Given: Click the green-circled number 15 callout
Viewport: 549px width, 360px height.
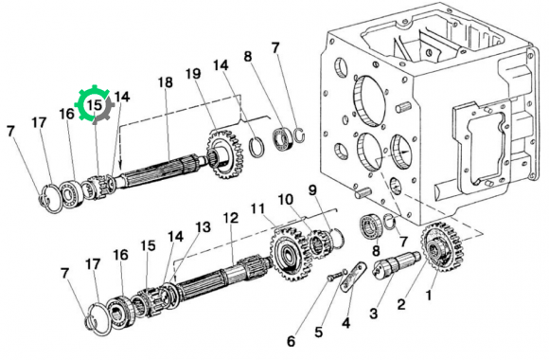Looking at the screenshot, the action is pyautogui.click(x=95, y=104).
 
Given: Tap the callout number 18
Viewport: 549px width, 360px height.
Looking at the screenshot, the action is pyautogui.click(x=166, y=82).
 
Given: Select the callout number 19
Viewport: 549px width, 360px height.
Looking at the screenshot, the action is pyautogui.click(x=193, y=74).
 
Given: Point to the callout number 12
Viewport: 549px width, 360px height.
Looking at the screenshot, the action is pyautogui.click(x=231, y=218).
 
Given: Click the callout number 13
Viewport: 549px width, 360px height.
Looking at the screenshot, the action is pyautogui.click(x=204, y=227).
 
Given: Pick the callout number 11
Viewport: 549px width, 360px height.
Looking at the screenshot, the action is pyautogui.click(x=258, y=209).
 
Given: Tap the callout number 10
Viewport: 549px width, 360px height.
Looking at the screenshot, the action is pyautogui.click(x=285, y=200).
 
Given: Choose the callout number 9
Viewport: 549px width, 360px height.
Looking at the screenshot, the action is pyautogui.click(x=312, y=190).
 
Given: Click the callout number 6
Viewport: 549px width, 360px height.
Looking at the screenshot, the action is pyautogui.click(x=292, y=341).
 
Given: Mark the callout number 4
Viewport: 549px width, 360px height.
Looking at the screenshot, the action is pyautogui.click(x=345, y=323).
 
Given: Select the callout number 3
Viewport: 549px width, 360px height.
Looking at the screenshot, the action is pyautogui.click(x=374, y=313).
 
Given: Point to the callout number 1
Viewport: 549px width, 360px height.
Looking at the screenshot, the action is pyautogui.click(x=428, y=296).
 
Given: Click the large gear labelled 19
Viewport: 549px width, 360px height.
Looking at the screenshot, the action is pyautogui.click(x=226, y=154).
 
